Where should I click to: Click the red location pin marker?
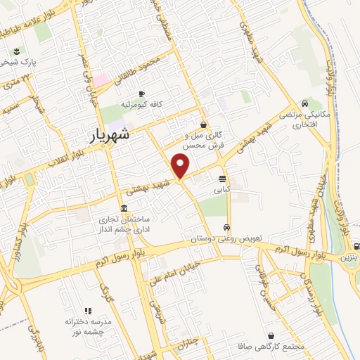tap(181, 166)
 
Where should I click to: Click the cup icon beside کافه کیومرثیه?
tap(142, 94)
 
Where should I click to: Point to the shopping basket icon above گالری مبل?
tap(202, 124)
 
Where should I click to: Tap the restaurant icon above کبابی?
tap(222, 179)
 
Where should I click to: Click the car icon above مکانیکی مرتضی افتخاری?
tap(304, 103)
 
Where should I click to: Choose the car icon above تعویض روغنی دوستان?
tap(226, 227)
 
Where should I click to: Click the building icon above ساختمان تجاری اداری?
tap(124, 209)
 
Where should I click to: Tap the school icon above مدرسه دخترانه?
tap(87, 310)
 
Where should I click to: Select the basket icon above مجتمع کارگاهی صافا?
tap(271, 336)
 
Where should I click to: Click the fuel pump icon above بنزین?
tap(356, 247)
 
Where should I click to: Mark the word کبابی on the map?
tap(222, 189)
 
